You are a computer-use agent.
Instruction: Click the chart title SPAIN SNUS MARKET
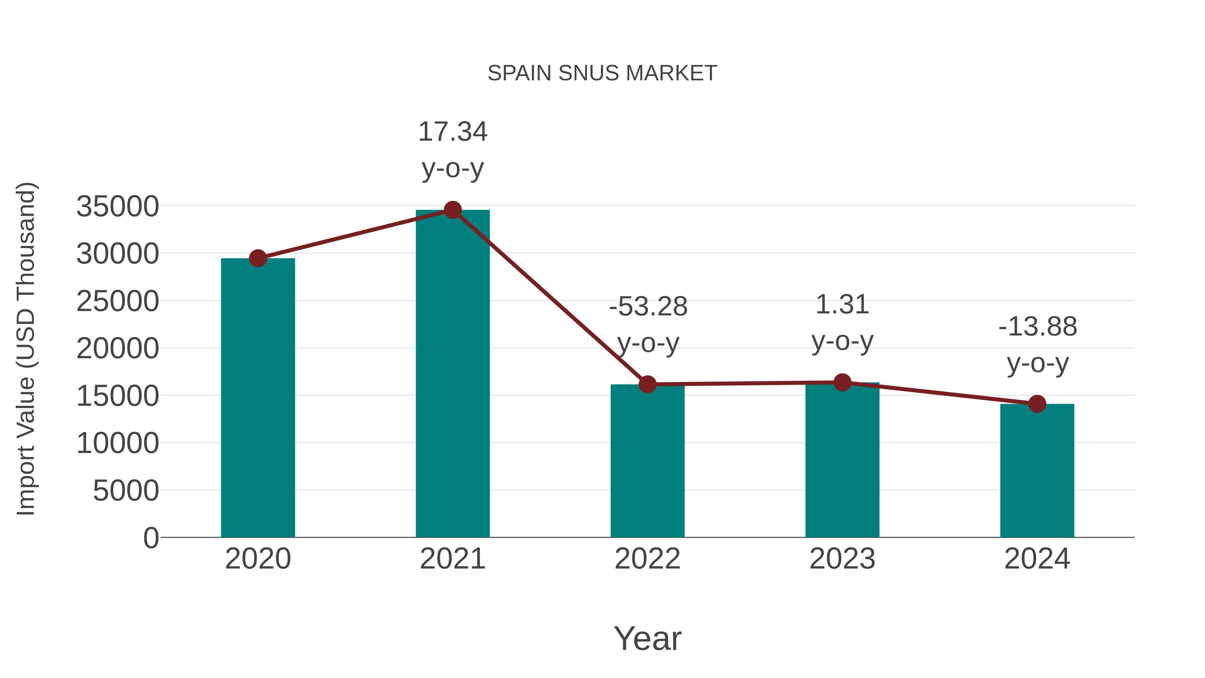coord(602,73)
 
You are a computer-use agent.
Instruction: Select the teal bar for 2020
coord(258,398)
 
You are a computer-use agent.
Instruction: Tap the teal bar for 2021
coord(452,374)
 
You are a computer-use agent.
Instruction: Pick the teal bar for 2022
coord(647,461)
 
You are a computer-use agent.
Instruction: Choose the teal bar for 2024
coord(1037,470)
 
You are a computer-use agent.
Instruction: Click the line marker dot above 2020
coord(258,258)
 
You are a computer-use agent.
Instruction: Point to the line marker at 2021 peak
coord(452,210)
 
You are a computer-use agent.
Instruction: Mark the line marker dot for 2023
coord(842,382)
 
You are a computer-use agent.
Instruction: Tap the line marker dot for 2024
coord(1037,404)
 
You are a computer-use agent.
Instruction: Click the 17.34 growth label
coord(452,132)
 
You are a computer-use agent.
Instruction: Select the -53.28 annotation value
coord(648,307)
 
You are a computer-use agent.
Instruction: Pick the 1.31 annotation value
coord(842,305)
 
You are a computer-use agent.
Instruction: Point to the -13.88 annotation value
coord(1038,326)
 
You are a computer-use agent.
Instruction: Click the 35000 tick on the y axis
coord(117,206)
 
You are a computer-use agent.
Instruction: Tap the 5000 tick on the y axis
coord(126,491)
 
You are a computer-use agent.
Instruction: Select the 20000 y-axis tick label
coord(117,349)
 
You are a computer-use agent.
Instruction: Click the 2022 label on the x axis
coord(647,559)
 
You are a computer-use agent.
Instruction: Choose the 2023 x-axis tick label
coord(842,559)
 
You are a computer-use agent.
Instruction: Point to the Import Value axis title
coord(26,349)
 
